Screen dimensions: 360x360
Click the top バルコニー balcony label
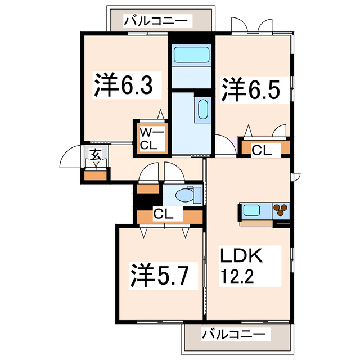[158, 22]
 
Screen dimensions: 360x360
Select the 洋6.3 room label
[123, 86]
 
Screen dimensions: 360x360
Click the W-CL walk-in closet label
[149, 138]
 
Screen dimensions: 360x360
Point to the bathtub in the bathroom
[191, 56]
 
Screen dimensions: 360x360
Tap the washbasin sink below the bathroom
[202, 108]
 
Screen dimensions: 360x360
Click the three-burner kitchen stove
[281, 211]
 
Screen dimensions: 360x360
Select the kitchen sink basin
[251, 211]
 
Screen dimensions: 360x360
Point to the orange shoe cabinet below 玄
[95, 174]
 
